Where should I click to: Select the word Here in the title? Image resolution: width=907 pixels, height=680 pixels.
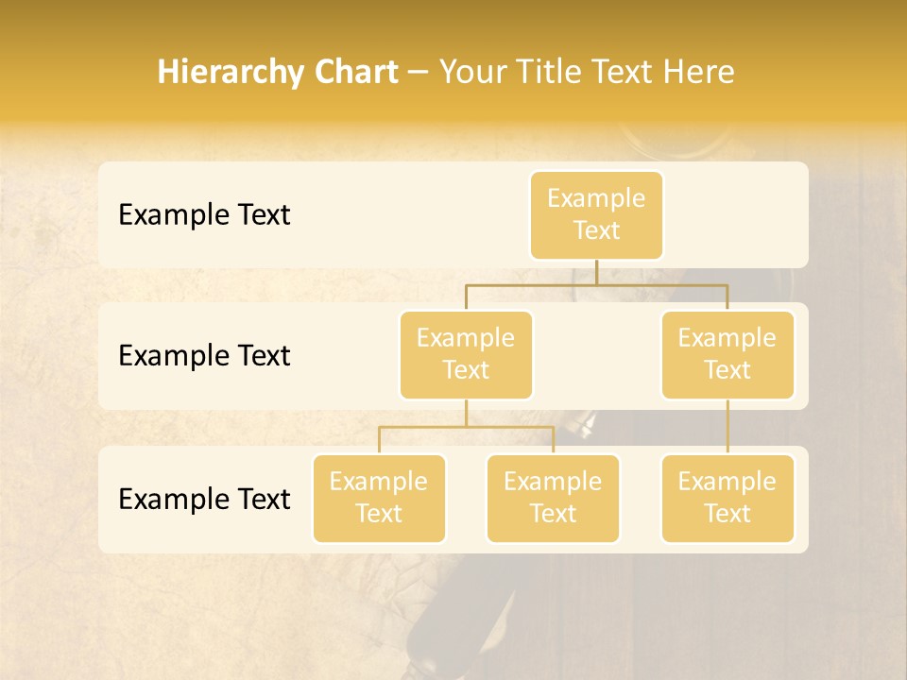(699, 72)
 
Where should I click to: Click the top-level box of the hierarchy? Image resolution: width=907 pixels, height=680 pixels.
(596, 214)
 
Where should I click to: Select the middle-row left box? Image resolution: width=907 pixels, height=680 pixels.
(466, 354)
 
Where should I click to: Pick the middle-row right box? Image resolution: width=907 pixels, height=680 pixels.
(727, 354)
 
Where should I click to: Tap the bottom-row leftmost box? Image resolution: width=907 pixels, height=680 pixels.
(379, 498)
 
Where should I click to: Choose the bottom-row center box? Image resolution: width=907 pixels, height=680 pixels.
(553, 498)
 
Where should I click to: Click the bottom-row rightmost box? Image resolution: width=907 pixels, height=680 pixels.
(727, 498)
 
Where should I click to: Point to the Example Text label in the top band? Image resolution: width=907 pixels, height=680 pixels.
(204, 215)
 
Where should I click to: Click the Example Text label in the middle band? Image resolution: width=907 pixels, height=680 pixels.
(204, 356)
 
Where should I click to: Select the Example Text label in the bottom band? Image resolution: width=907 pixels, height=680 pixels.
(204, 500)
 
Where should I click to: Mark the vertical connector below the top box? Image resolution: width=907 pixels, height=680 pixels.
(596, 272)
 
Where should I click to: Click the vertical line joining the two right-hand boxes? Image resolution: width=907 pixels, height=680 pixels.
(727, 427)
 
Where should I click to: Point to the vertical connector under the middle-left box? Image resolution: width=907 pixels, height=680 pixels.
(466, 413)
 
